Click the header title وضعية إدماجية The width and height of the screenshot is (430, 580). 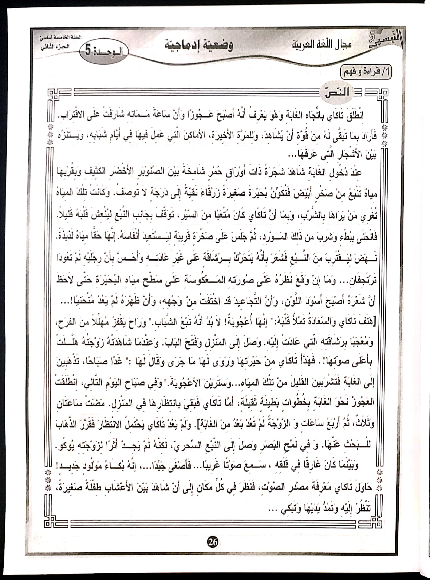click(x=199, y=45)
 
